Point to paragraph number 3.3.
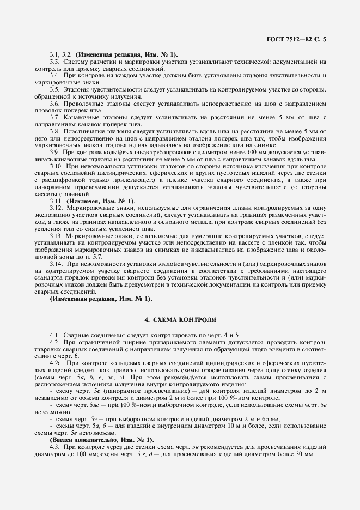coord(54,61)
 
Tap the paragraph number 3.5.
coord(54,88)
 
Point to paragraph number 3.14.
coord(56,263)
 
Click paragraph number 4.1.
coord(54,334)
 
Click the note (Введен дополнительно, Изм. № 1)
coord(102,439)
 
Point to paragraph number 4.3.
coord(54,446)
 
